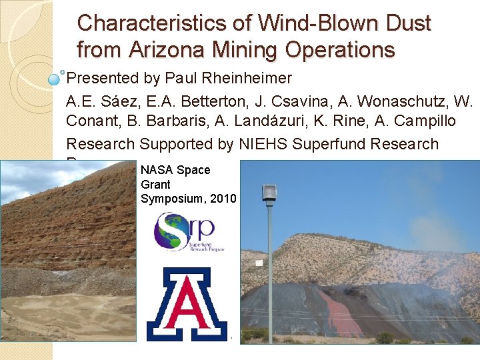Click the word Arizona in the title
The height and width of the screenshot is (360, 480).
coord(159,49)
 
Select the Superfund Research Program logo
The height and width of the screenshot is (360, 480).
coord(184,231)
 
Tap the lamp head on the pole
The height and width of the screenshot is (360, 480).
coord(269,192)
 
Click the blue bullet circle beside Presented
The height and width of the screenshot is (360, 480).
coord(55,79)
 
